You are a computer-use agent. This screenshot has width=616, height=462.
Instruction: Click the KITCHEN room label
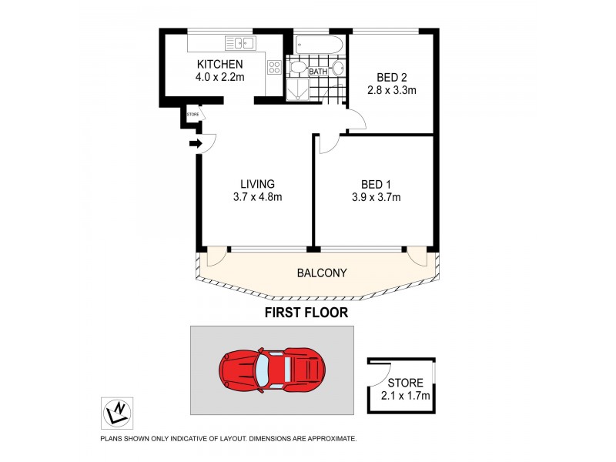pos(220,64)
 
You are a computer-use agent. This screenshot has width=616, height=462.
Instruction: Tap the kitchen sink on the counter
pos(240,43)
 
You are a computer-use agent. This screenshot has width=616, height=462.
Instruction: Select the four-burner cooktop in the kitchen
pos(274,67)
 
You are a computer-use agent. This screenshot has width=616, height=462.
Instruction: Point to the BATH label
pos(318,72)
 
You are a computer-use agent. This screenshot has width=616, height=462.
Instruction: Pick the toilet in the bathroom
pos(296,69)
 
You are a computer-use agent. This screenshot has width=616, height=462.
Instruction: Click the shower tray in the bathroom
pos(296,91)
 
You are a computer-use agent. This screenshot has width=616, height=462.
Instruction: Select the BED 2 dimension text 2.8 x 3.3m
pos(396,91)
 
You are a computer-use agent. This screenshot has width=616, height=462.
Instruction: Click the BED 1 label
pos(377,183)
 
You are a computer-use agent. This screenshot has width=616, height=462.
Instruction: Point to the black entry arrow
pos(196,143)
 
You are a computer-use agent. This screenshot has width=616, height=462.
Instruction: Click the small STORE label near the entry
pos(192,115)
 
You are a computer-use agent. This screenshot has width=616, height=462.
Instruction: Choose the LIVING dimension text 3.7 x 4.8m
pos(257,197)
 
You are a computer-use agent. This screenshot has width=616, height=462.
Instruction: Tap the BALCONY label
pos(322,273)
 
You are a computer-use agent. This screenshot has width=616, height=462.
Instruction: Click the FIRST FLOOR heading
pos(306,313)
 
